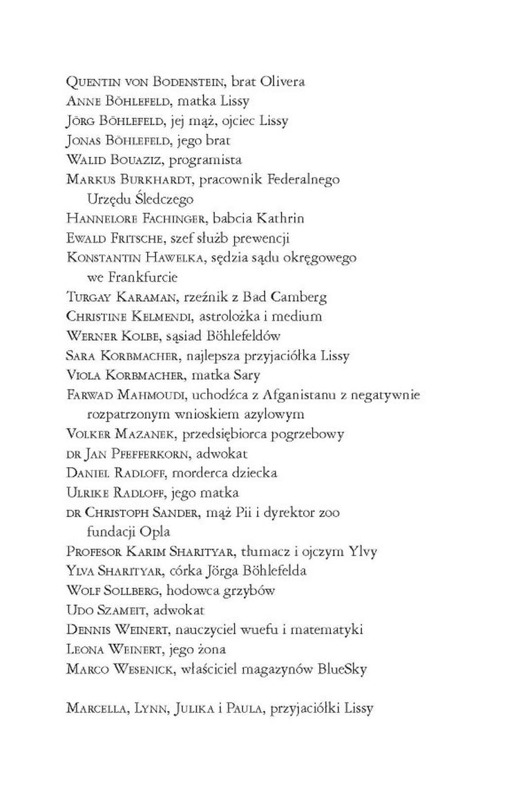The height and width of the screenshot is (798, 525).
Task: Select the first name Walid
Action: click(84, 160)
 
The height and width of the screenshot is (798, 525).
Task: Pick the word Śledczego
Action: click(165, 199)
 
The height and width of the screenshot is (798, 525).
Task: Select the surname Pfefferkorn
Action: click(141, 454)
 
